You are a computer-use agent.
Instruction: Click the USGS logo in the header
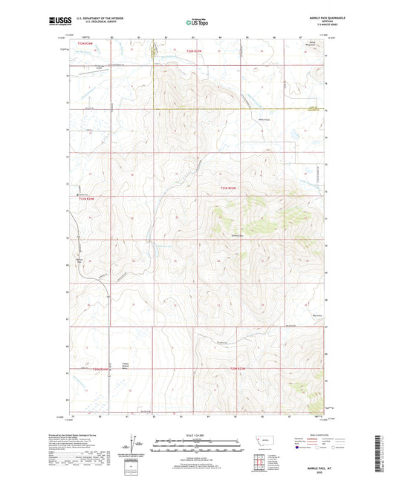coord(59,23)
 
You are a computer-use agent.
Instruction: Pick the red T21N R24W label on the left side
coord(88,199)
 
